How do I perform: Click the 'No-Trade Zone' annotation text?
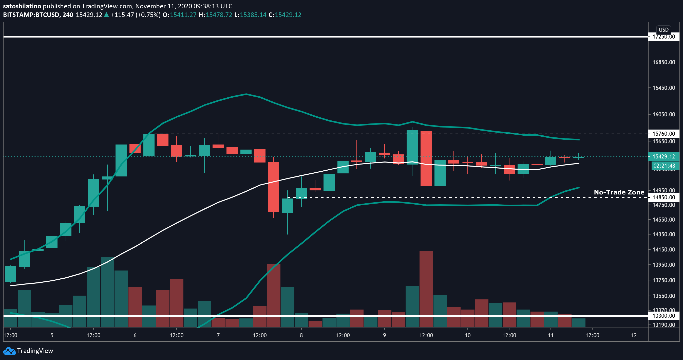coord(619,192)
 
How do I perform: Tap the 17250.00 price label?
coord(664,37)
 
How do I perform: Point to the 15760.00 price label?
coord(664,134)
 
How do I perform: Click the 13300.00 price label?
coord(664,316)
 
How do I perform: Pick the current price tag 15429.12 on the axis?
coord(664,156)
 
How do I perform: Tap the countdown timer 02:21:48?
coord(664,166)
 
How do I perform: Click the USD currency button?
coord(664,30)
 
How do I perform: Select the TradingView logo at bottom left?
coord(28,351)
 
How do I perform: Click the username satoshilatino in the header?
coord(22,6)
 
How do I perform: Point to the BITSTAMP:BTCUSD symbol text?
coord(31,15)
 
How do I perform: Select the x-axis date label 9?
coord(385,335)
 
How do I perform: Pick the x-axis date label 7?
coord(218,335)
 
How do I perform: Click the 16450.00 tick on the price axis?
coord(664,88)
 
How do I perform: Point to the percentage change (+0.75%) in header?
coord(148,15)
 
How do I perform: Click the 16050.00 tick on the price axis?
coord(664,114)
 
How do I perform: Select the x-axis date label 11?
coord(551,335)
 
